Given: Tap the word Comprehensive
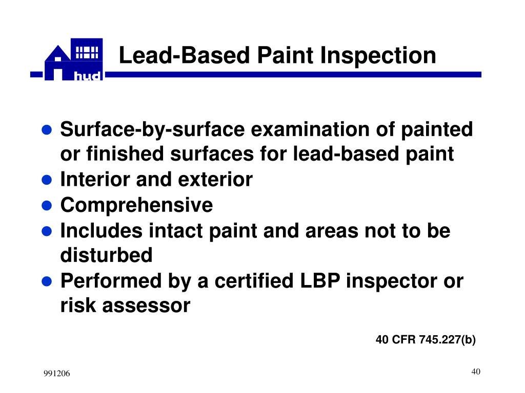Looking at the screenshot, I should coord(136,205).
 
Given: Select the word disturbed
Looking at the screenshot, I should coord(106,255).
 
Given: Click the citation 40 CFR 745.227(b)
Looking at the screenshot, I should coord(426,340).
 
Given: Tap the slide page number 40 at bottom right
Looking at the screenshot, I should coord(475,372).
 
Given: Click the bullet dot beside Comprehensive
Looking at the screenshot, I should coord(47,206).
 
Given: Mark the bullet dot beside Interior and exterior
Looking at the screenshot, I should coord(47,180).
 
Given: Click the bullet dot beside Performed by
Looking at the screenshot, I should coord(47,281).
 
